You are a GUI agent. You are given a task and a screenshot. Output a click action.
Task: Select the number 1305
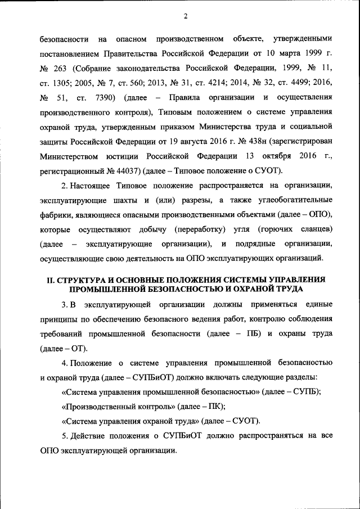65,84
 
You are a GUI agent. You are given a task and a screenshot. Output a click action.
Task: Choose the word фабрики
56,214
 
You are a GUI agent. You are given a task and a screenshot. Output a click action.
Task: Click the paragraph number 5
63,435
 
